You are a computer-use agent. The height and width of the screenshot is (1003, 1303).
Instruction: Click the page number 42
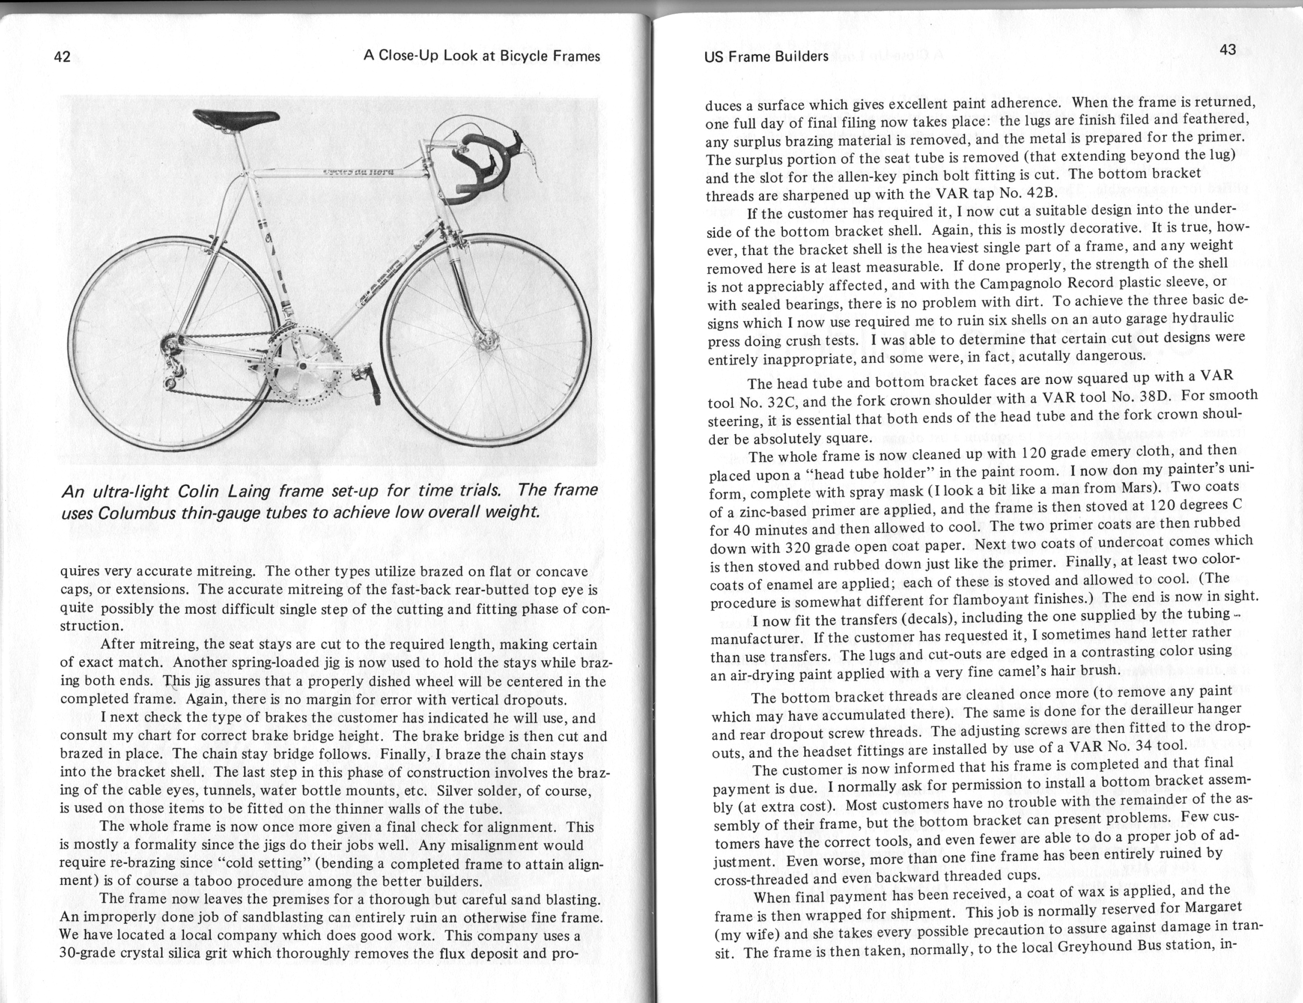(x=62, y=57)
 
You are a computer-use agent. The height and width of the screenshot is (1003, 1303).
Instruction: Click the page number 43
(x=1227, y=50)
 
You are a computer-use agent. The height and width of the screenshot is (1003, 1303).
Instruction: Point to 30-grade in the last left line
(x=88, y=953)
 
